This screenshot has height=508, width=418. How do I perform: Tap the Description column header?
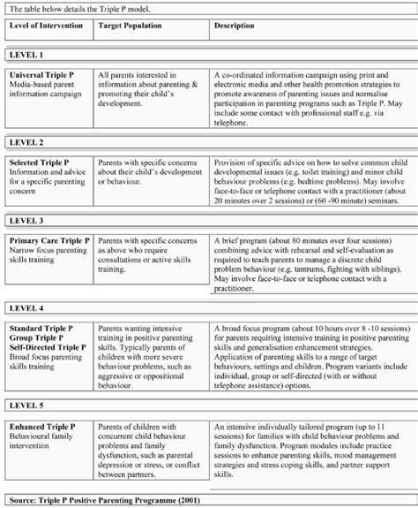[234, 25]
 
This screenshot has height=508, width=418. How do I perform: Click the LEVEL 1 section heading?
[26, 54]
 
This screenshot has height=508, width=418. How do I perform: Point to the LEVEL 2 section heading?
[26, 141]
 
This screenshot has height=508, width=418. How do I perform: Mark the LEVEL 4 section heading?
[26, 308]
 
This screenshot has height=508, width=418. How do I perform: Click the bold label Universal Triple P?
[45, 76]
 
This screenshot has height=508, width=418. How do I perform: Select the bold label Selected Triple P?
[43, 163]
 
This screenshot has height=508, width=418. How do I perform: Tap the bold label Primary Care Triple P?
[49, 239]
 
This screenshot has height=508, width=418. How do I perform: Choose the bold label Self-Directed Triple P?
[50, 347]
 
